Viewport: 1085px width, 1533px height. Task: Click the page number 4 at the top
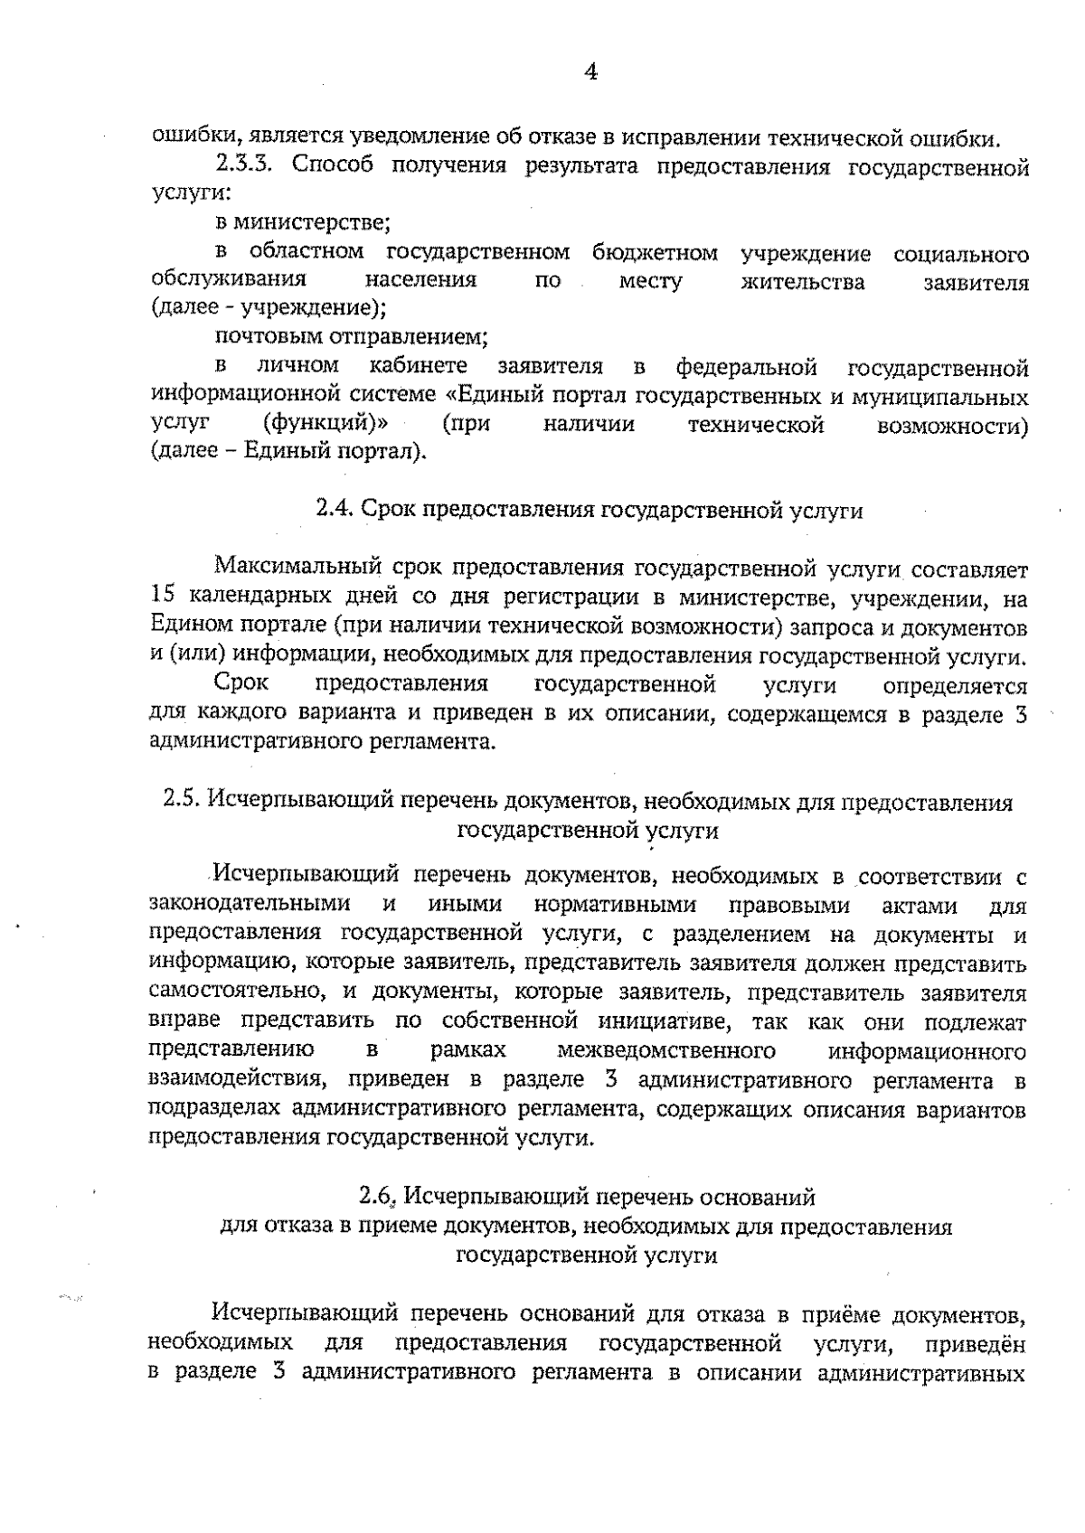pyautogui.click(x=590, y=73)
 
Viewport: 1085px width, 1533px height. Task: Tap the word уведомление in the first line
pyautogui.click(x=421, y=137)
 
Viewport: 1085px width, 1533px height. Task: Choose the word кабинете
pyautogui.click(x=419, y=366)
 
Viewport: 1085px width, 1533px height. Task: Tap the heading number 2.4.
pyautogui.click(x=334, y=510)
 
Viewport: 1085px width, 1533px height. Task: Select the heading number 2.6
pyautogui.click(x=377, y=1197)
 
